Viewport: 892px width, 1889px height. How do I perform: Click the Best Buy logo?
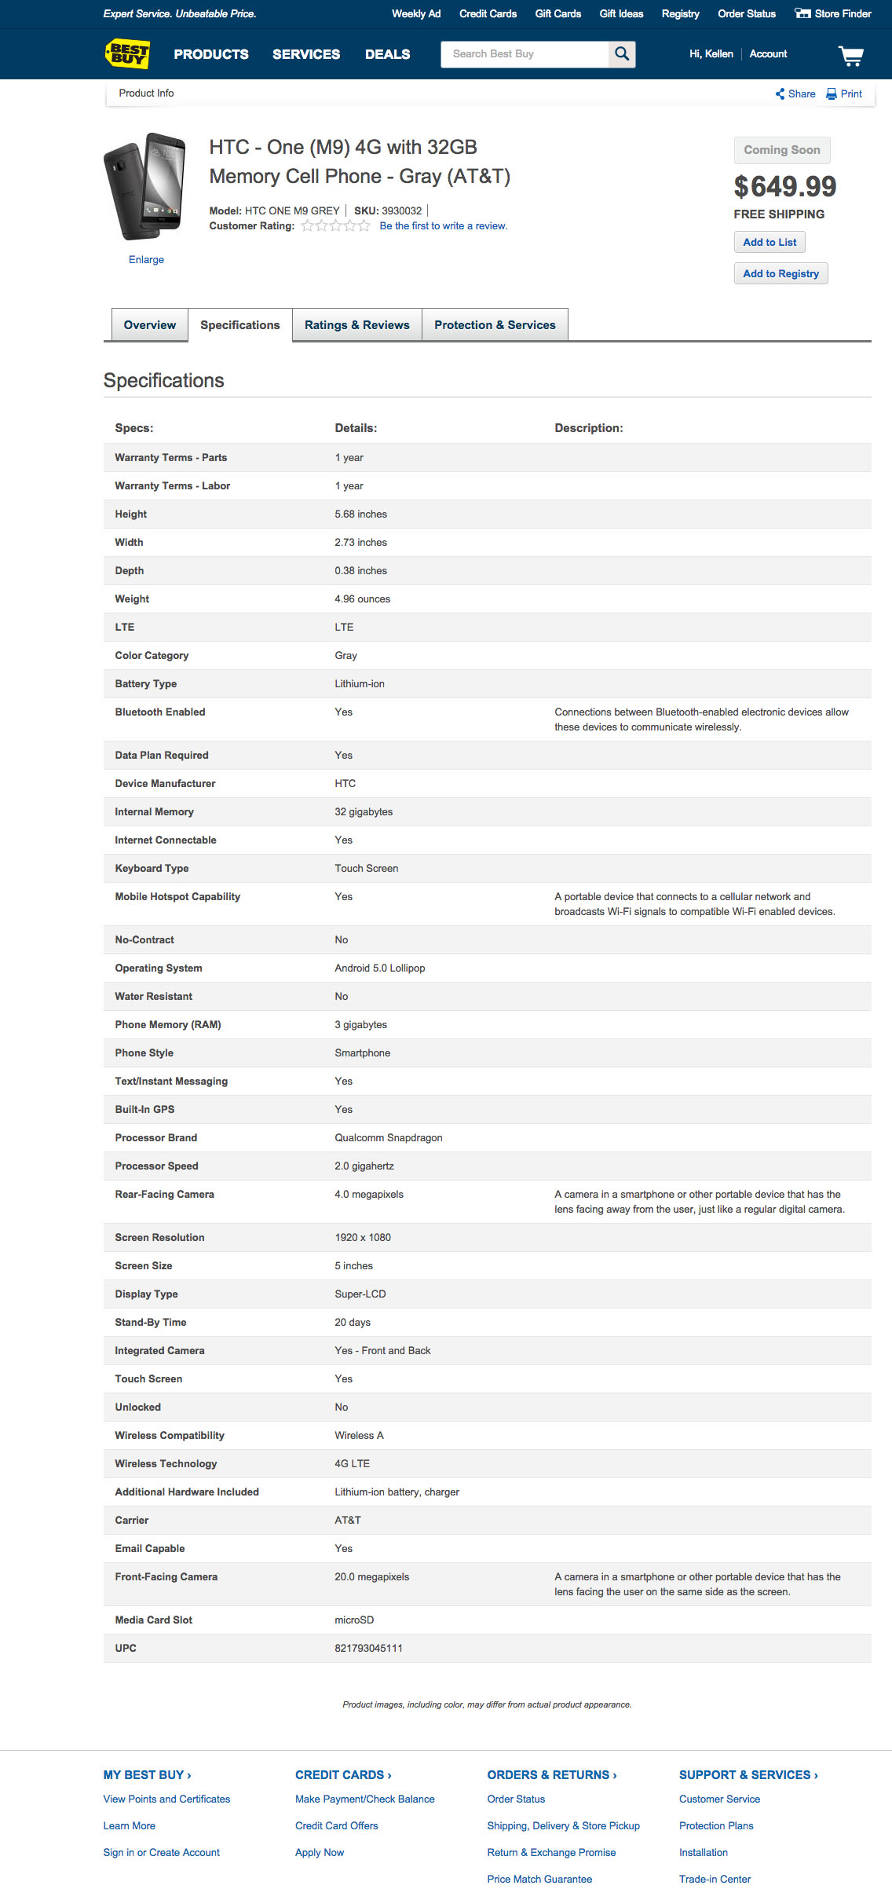pyautogui.click(x=127, y=53)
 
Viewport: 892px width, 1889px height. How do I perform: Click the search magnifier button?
pyautogui.click(x=622, y=53)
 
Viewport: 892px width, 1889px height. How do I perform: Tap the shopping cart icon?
pyautogui.click(x=850, y=55)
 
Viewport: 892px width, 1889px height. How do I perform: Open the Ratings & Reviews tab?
pyautogui.click(x=356, y=325)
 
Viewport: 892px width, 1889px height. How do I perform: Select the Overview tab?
pyautogui.click(x=149, y=325)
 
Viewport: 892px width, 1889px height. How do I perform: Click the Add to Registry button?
pyautogui.click(x=780, y=273)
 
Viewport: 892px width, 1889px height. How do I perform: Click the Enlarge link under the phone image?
pyautogui.click(x=146, y=260)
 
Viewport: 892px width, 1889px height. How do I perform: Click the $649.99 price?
pyautogui.click(x=784, y=187)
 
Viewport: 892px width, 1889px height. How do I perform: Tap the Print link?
pyautogui.click(x=845, y=93)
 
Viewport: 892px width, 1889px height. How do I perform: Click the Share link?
pyautogui.click(x=796, y=93)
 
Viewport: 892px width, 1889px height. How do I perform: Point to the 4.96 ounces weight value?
pyautogui.click(x=362, y=599)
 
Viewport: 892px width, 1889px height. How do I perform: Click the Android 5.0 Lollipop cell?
pyautogui.click(x=379, y=968)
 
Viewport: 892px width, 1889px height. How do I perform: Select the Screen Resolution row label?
pyautogui.click(x=159, y=1238)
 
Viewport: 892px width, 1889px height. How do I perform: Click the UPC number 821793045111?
pyautogui.click(x=368, y=1649)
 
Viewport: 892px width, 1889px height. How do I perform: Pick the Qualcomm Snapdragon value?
pyautogui.click(x=388, y=1138)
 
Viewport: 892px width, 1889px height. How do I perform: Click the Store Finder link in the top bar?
pyautogui.click(x=834, y=13)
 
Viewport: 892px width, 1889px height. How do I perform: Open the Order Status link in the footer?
pyautogui.click(x=516, y=1799)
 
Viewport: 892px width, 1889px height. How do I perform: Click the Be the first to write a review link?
pyautogui.click(x=443, y=226)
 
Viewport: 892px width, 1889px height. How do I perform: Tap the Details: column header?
pyautogui.click(x=356, y=428)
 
